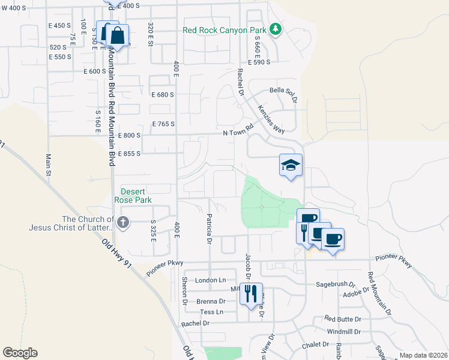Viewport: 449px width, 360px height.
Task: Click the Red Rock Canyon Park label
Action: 225,30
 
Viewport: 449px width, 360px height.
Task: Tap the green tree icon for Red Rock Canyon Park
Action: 276,29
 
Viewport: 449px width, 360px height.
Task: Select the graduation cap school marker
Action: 291,165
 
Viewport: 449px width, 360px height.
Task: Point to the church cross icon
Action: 123,223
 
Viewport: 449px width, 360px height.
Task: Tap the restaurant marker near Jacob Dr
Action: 251,293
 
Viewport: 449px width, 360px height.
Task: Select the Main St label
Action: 48,165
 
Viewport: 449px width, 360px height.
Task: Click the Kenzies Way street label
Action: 271,119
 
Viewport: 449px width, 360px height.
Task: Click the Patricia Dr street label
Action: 209,229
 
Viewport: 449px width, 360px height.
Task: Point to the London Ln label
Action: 210,280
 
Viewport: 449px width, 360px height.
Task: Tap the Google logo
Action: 20,353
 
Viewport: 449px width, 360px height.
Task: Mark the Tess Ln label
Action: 211,312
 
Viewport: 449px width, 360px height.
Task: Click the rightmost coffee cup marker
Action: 333,239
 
